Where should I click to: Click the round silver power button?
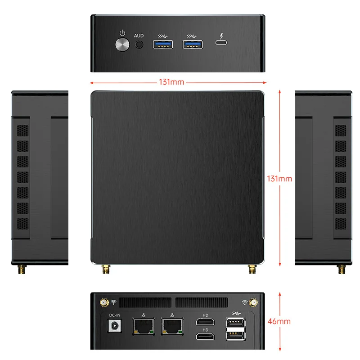(122, 45)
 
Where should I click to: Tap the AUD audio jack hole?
(139, 45)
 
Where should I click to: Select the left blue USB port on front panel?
(163, 45)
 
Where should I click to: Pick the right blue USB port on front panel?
(193, 45)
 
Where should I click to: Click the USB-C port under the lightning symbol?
(221, 42)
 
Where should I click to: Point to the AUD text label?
(139, 36)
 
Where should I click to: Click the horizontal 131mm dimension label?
(171, 82)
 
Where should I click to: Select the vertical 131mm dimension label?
(279, 179)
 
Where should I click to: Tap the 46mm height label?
(279, 321)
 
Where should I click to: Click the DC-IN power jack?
(115, 326)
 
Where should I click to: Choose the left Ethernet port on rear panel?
(144, 326)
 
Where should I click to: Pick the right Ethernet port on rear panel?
(172, 326)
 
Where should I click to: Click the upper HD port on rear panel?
(205, 322)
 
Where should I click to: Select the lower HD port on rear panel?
(205, 336)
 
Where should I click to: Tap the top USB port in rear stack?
(235, 322)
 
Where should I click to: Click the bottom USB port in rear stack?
(235, 336)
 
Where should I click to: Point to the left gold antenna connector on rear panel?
(104, 302)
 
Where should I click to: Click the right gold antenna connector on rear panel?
(253, 302)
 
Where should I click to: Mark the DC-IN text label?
(115, 315)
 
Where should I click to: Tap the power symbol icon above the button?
(122, 33)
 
